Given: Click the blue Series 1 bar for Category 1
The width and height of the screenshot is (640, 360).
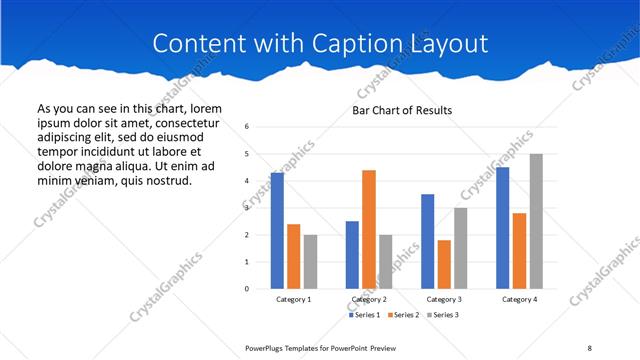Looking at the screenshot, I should pyautogui.click(x=277, y=231).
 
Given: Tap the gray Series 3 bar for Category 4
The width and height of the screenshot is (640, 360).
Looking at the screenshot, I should pyautogui.click(x=536, y=221).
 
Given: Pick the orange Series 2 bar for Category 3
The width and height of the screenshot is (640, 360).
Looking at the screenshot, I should pyautogui.click(x=444, y=264).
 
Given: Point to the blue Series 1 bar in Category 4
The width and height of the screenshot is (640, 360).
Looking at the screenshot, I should pyautogui.click(x=502, y=228).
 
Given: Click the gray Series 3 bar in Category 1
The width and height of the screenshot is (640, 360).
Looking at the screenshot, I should pyautogui.click(x=311, y=262).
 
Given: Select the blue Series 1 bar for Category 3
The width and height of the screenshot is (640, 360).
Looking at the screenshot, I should pyautogui.click(x=428, y=241).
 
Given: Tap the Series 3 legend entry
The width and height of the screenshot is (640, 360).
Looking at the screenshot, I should pyautogui.click(x=442, y=315).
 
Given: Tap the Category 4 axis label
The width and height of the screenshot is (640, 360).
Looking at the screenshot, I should pyautogui.click(x=519, y=299).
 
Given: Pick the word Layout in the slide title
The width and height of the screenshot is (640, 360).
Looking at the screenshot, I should pyautogui.click(x=448, y=44).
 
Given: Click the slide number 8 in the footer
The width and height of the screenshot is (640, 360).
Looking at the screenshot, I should pyautogui.click(x=589, y=347).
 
